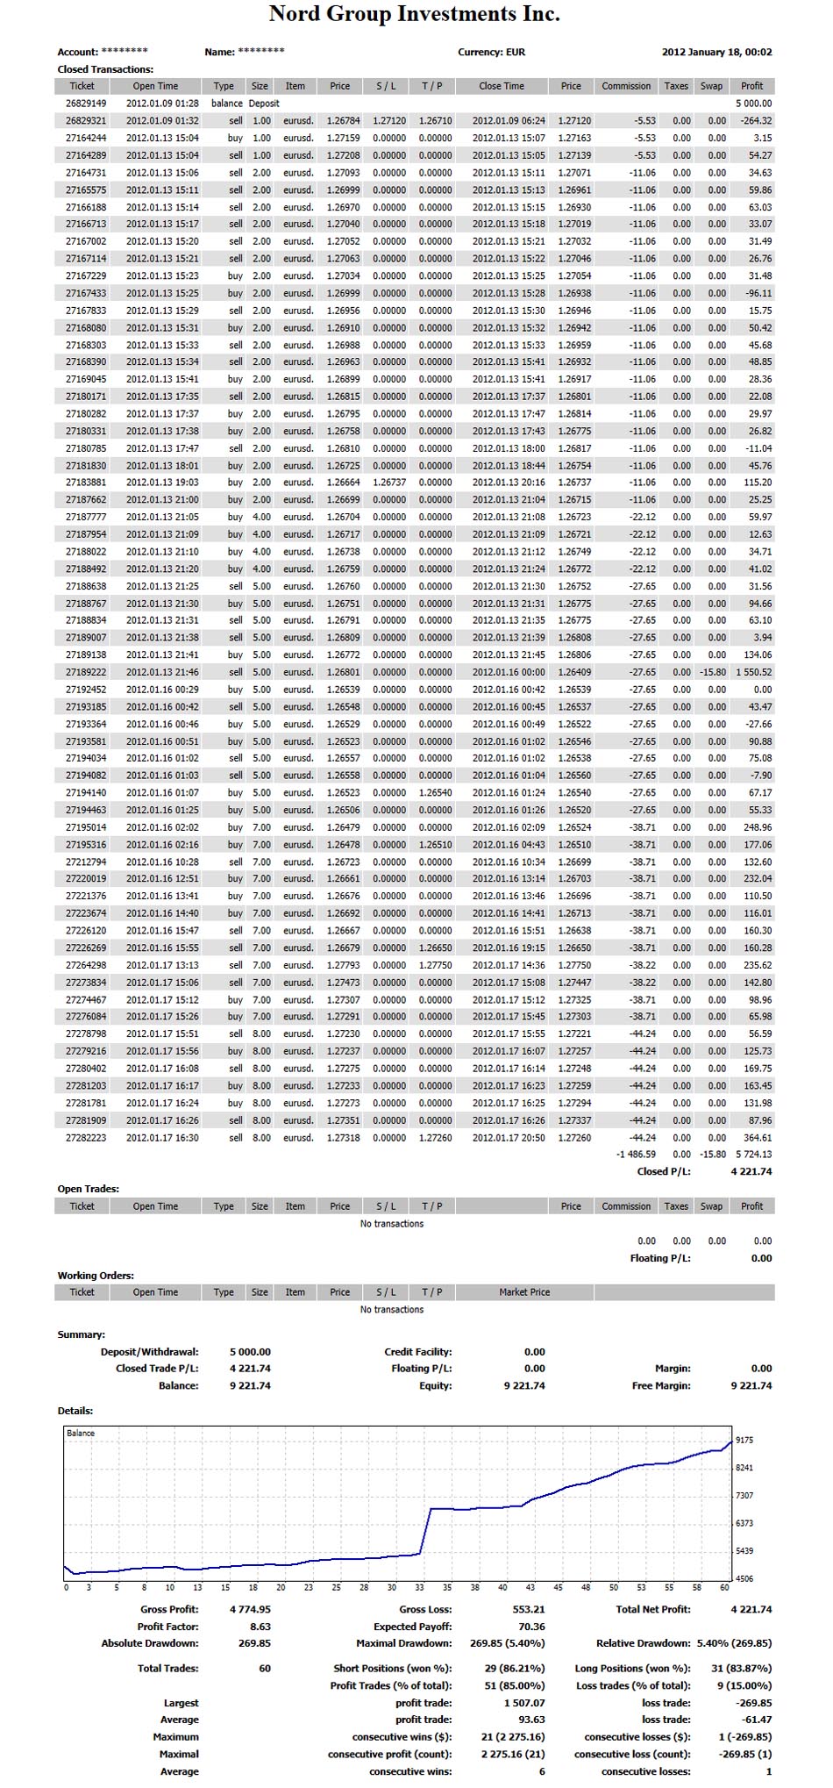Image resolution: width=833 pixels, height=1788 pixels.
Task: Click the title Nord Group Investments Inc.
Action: pyautogui.click(x=414, y=15)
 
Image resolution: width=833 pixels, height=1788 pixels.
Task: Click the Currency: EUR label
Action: pyautogui.click(x=491, y=52)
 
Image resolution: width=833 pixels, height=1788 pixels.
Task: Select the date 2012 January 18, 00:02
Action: pyautogui.click(x=716, y=52)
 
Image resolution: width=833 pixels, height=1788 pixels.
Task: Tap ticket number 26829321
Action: pyautogui.click(x=86, y=121)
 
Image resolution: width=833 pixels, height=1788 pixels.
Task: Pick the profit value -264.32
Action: pyautogui.click(x=755, y=121)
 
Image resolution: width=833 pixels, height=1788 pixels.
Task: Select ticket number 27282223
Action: pyautogui.click(x=86, y=1138)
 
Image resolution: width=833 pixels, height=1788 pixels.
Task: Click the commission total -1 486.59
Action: pyautogui.click(x=636, y=1155)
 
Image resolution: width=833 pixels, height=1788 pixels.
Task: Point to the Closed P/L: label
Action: pyautogui.click(x=664, y=1172)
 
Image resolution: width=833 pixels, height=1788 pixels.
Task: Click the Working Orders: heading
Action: pyautogui.click(x=96, y=1276)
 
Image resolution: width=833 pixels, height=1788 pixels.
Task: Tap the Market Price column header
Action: pyautogui.click(x=524, y=1292)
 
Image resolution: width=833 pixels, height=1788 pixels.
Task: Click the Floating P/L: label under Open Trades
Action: pyautogui.click(x=660, y=1258)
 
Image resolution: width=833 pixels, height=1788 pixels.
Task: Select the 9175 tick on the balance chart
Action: pyautogui.click(x=744, y=1441)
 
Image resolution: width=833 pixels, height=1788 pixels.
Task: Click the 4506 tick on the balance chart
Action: pyautogui.click(x=744, y=1579)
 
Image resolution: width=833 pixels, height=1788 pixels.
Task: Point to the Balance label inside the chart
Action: pyautogui.click(x=81, y=1434)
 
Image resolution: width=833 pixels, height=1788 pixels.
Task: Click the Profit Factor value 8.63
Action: pyautogui.click(x=260, y=1627)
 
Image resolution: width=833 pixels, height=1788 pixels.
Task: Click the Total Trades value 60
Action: pyautogui.click(x=265, y=1669)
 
